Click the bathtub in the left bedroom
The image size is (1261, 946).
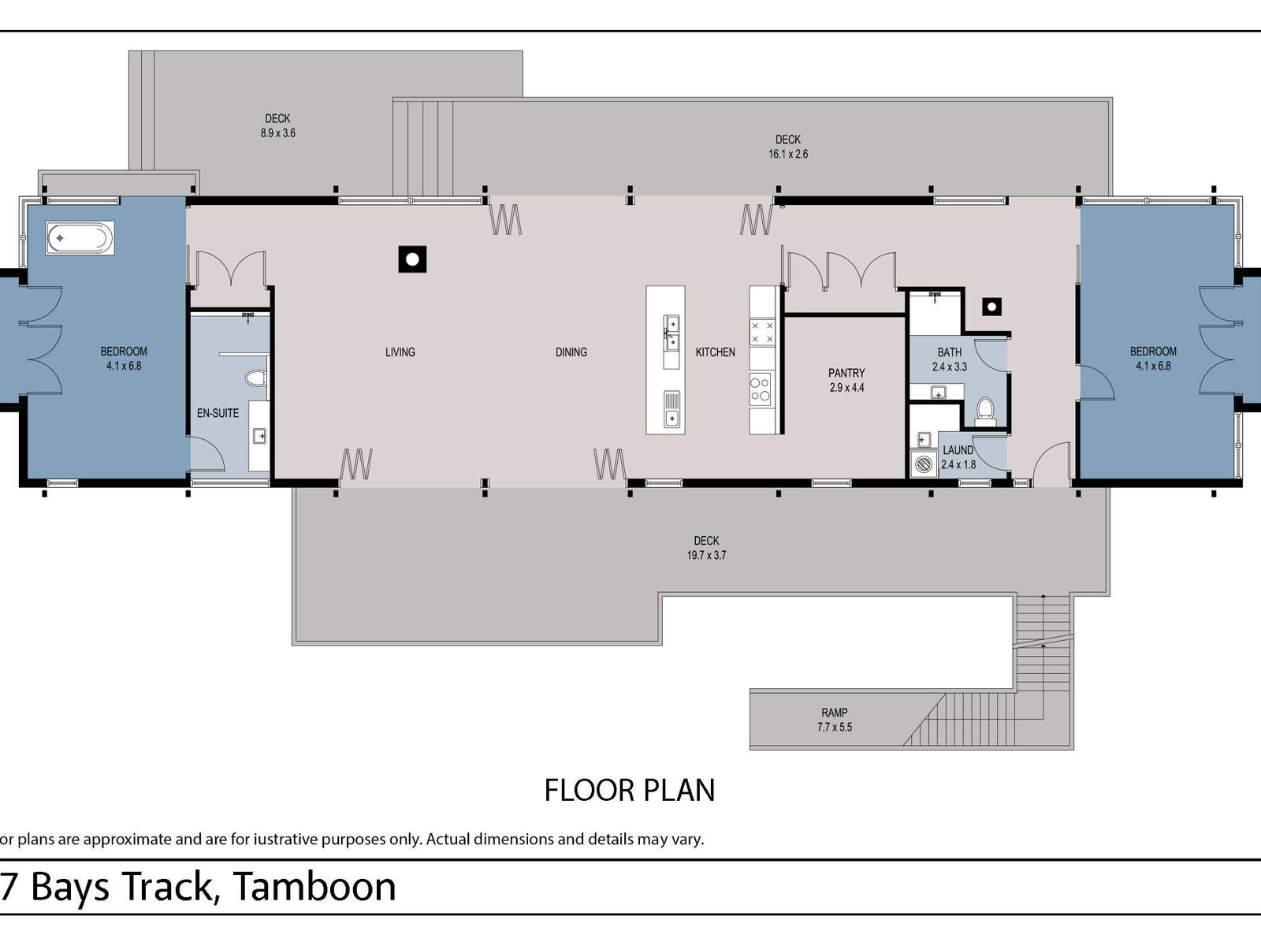(80, 237)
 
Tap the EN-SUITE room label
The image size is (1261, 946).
(218, 413)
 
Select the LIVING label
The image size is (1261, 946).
(400, 352)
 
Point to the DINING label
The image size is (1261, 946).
(571, 352)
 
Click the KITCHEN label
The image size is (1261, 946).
(715, 352)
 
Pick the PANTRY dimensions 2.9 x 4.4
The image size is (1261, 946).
(846, 388)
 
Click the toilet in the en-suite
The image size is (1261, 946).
(256, 378)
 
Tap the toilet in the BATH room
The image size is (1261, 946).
(985, 408)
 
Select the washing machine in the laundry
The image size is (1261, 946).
(923, 464)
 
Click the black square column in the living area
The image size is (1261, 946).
(412, 259)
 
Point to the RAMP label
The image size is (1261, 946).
(834, 713)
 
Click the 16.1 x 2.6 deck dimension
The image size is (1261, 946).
(788, 155)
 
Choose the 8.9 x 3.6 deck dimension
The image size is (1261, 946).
(277, 133)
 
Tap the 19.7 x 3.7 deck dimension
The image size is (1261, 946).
(706, 555)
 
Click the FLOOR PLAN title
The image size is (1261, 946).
(629, 790)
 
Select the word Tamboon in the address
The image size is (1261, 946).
(314, 887)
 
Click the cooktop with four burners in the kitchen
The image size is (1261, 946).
(760, 389)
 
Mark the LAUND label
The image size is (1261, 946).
(958, 450)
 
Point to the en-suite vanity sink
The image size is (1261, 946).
(259, 435)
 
